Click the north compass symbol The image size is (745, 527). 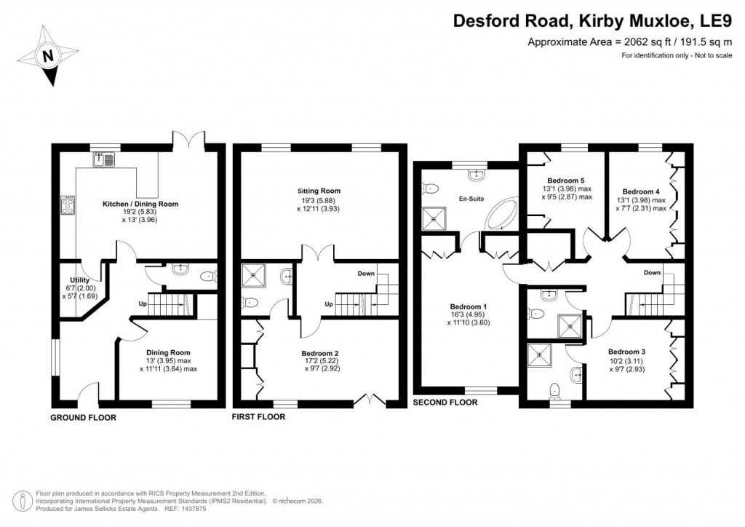point(49,55)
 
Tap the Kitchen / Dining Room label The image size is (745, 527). point(140,205)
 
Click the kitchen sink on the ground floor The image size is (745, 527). point(103,159)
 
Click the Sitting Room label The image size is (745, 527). point(323,191)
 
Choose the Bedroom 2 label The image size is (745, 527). point(321,354)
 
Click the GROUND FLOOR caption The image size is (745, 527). point(83,418)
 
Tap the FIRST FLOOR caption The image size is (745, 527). point(258,417)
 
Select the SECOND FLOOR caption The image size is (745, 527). point(445,402)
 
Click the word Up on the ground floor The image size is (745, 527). point(144,303)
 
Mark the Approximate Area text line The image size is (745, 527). point(629,43)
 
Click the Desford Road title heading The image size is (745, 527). point(592,21)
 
